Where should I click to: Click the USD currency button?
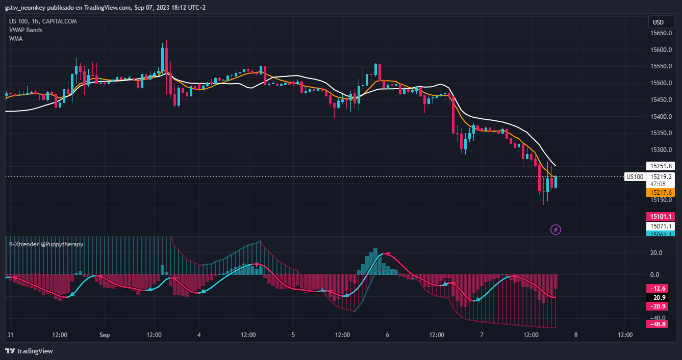click(658, 22)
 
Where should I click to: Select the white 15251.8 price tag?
click(661, 166)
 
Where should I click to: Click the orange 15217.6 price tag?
click(661, 193)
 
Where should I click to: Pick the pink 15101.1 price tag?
click(661, 216)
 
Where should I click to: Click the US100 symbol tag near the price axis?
click(635, 177)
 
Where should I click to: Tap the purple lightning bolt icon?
click(555, 229)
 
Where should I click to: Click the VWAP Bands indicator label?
click(26, 30)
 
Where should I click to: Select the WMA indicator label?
click(16, 38)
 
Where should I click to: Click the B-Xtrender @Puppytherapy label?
click(46, 244)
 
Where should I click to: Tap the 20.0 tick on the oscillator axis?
click(656, 253)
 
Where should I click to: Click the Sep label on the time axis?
click(105, 335)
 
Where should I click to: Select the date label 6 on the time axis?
click(388, 335)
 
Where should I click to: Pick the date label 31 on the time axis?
click(10, 335)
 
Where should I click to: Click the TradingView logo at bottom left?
click(29, 351)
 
